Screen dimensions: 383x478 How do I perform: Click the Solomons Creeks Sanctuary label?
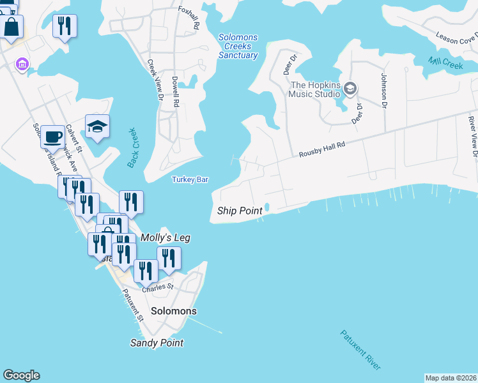pyautogui.click(x=238, y=47)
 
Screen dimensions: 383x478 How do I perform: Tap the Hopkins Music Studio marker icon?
pyautogui.click(x=350, y=88)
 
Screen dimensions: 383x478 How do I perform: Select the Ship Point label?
pyautogui.click(x=240, y=211)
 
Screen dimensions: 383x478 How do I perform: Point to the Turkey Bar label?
pyautogui.click(x=190, y=180)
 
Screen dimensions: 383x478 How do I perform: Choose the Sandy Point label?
pyautogui.click(x=157, y=343)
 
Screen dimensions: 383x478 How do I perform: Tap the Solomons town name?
pyautogui.click(x=174, y=311)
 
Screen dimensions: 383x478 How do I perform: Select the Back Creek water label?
pyautogui.click(x=132, y=148)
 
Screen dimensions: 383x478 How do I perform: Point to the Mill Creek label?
pyautogui.click(x=445, y=63)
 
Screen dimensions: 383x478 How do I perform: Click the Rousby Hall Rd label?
pyautogui.click(x=322, y=150)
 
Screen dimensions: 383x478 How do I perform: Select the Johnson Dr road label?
pyautogui.click(x=384, y=90)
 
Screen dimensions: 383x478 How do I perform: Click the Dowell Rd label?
pyautogui.click(x=174, y=90)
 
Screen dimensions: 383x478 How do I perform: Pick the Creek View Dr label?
pyautogui.click(x=155, y=80)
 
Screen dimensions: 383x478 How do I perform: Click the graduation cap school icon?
pyautogui.click(x=97, y=126)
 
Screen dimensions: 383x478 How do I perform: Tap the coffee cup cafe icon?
pyautogui.click(x=53, y=136)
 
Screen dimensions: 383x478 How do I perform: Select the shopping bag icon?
pyautogui.click(x=12, y=26)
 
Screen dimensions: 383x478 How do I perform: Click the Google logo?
pyautogui.click(x=21, y=375)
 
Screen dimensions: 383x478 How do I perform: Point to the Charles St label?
pyautogui.click(x=158, y=287)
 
